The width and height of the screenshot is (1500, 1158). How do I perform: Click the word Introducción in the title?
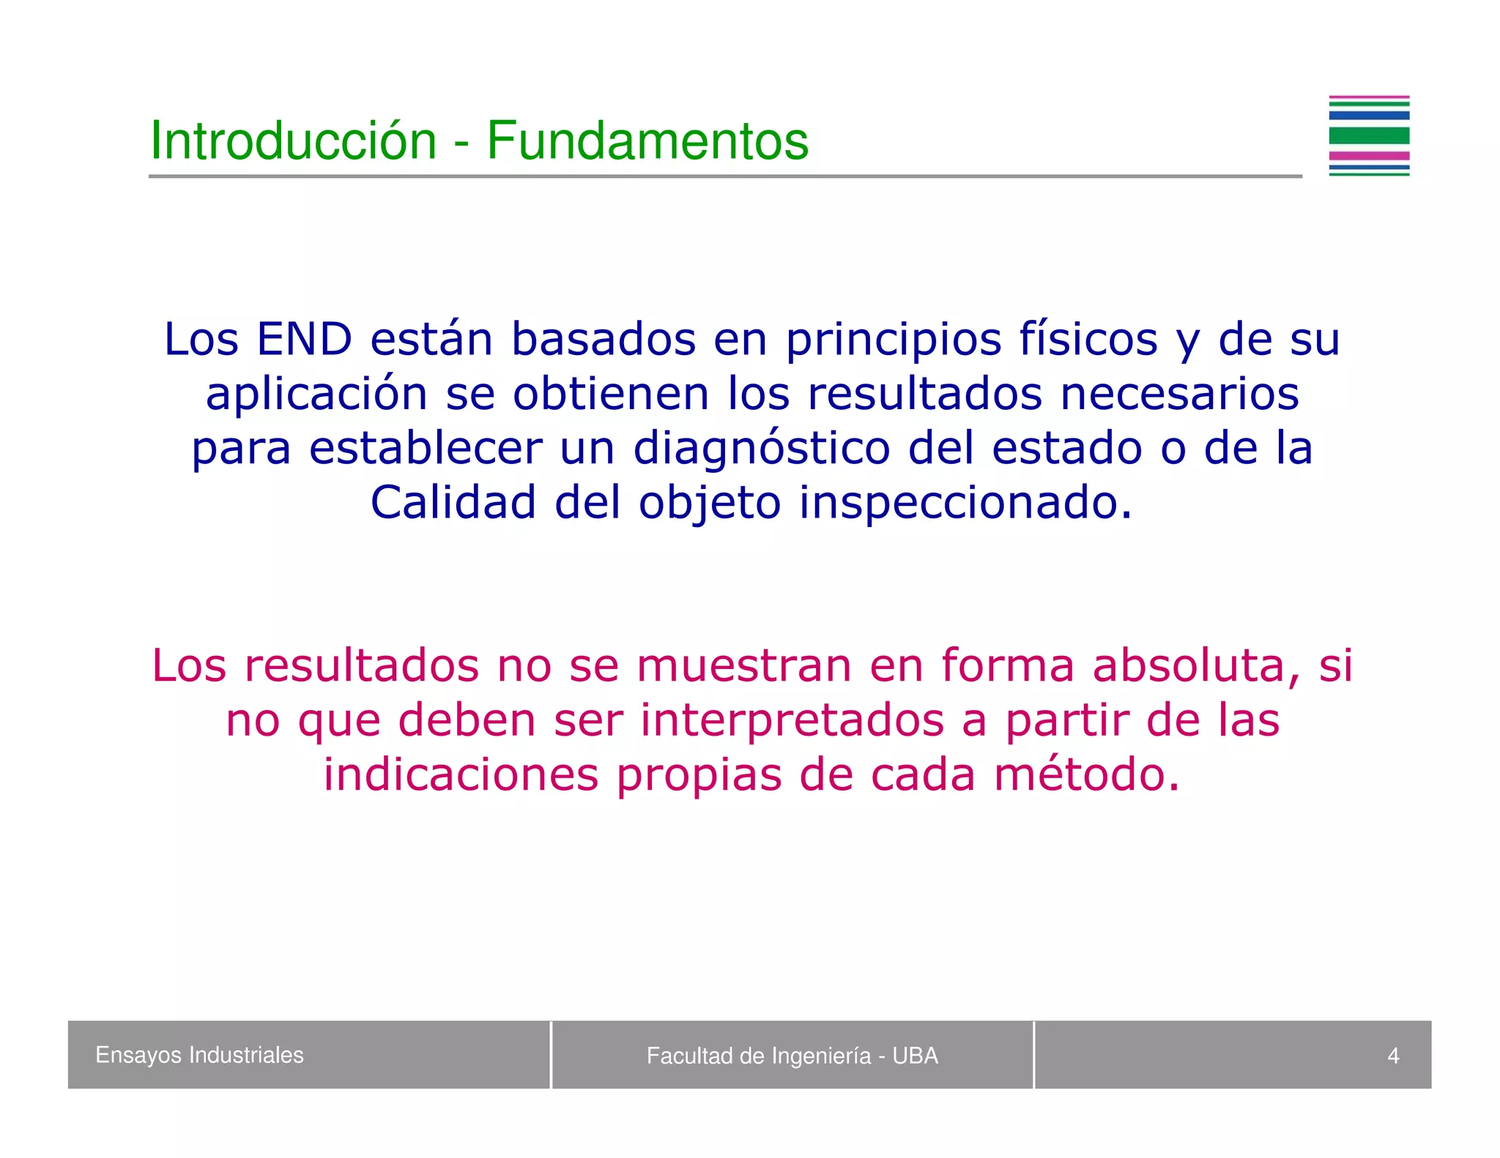click(293, 141)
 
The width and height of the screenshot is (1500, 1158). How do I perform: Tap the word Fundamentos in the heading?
click(647, 141)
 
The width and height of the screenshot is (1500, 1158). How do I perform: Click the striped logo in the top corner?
click(1368, 136)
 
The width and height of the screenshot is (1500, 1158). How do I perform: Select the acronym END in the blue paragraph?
click(304, 340)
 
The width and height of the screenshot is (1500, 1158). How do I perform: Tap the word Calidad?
click(453, 503)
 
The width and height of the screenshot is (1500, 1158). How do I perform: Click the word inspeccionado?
click(965, 503)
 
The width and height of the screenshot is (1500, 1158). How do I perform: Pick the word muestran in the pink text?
click(743, 666)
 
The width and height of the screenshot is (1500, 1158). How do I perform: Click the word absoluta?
click(1197, 666)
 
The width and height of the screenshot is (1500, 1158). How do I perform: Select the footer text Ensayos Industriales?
click(199, 1055)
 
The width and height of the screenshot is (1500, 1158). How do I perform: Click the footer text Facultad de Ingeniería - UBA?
click(792, 1056)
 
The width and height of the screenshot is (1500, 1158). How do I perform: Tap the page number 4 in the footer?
click(1392, 1056)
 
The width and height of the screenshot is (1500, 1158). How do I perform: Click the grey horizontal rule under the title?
click(725, 176)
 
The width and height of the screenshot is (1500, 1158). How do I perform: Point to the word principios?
click(894, 340)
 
